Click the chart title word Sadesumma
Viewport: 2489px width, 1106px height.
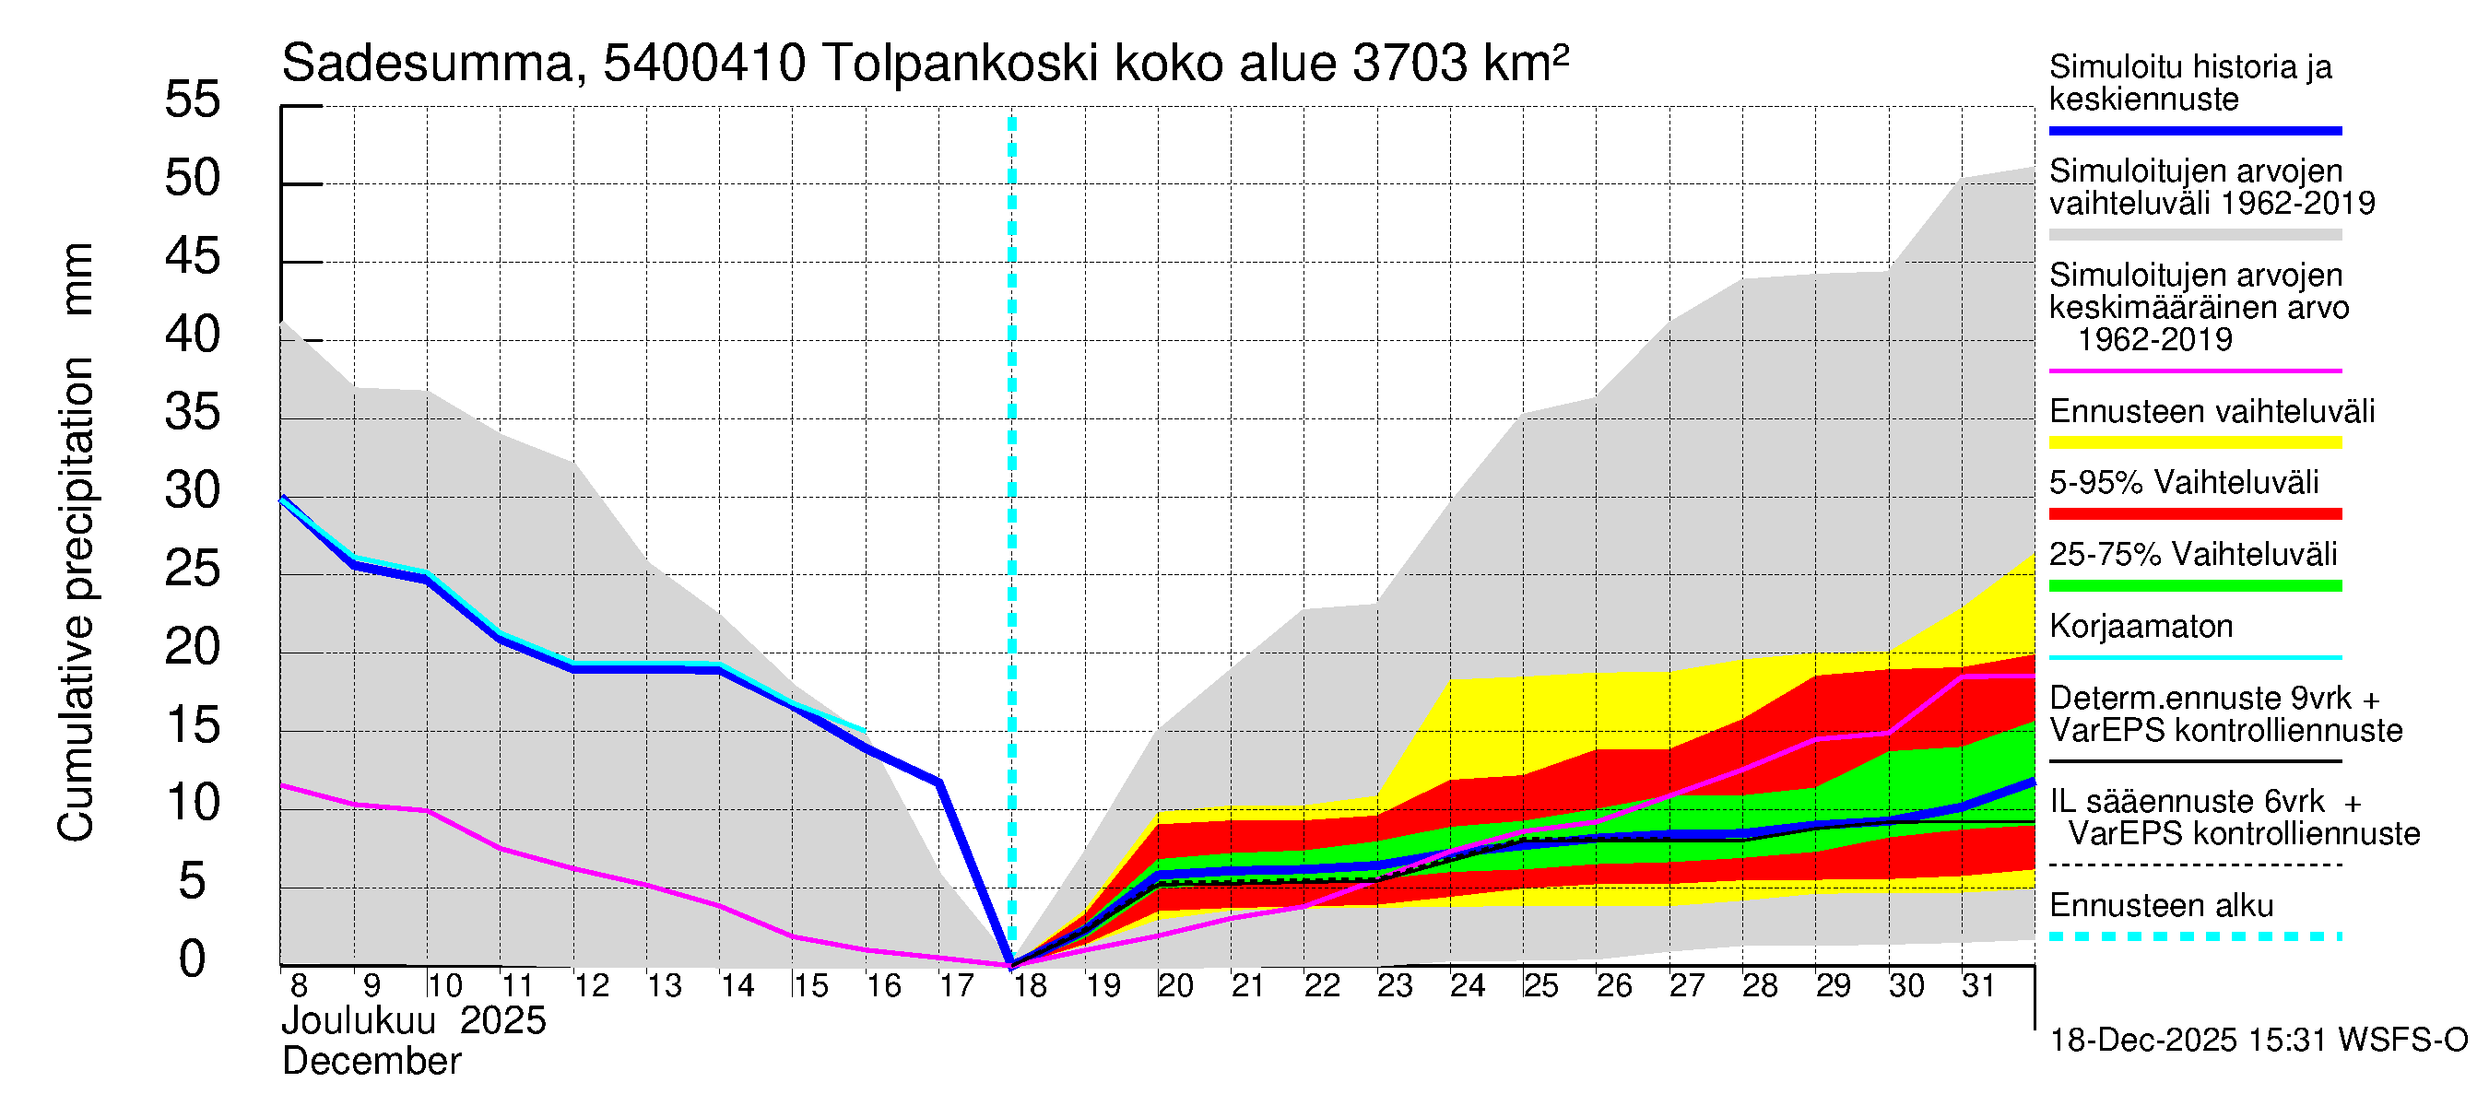(428, 65)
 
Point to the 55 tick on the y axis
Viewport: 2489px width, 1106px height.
(193, 100)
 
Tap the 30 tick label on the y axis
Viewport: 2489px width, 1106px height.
(193, 490)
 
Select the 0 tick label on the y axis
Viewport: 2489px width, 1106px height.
(193, 959)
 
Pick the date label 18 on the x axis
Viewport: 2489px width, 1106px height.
(1030, 986)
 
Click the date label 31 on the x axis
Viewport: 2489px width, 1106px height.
(1978, 986)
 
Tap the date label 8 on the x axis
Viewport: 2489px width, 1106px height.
(299, 986)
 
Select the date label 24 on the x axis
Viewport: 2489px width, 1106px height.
(1467, 986)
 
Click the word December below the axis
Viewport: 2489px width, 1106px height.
(371, 1062)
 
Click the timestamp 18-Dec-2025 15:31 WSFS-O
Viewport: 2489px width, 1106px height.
(2258, 1041)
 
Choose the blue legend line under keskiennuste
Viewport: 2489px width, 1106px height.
(2194, 130)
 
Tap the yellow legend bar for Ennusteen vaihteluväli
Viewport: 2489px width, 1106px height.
(2194, 443)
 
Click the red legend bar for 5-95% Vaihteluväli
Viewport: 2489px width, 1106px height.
(2194, 514)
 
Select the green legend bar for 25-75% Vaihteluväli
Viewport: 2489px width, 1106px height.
(2194, 586)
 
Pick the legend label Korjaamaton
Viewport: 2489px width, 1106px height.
(2141, 627)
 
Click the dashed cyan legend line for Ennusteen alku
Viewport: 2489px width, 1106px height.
(2194, 937)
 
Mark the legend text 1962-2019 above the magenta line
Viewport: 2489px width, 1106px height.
(2153, 340)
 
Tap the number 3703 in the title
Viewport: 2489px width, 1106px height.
(1410, 65)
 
